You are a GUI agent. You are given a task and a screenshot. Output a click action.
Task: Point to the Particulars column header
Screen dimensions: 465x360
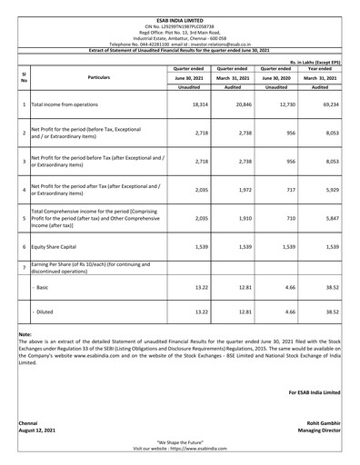click(x=99, y=78)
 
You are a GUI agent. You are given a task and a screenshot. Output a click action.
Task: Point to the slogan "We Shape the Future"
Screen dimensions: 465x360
click(x=179, y=442)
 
